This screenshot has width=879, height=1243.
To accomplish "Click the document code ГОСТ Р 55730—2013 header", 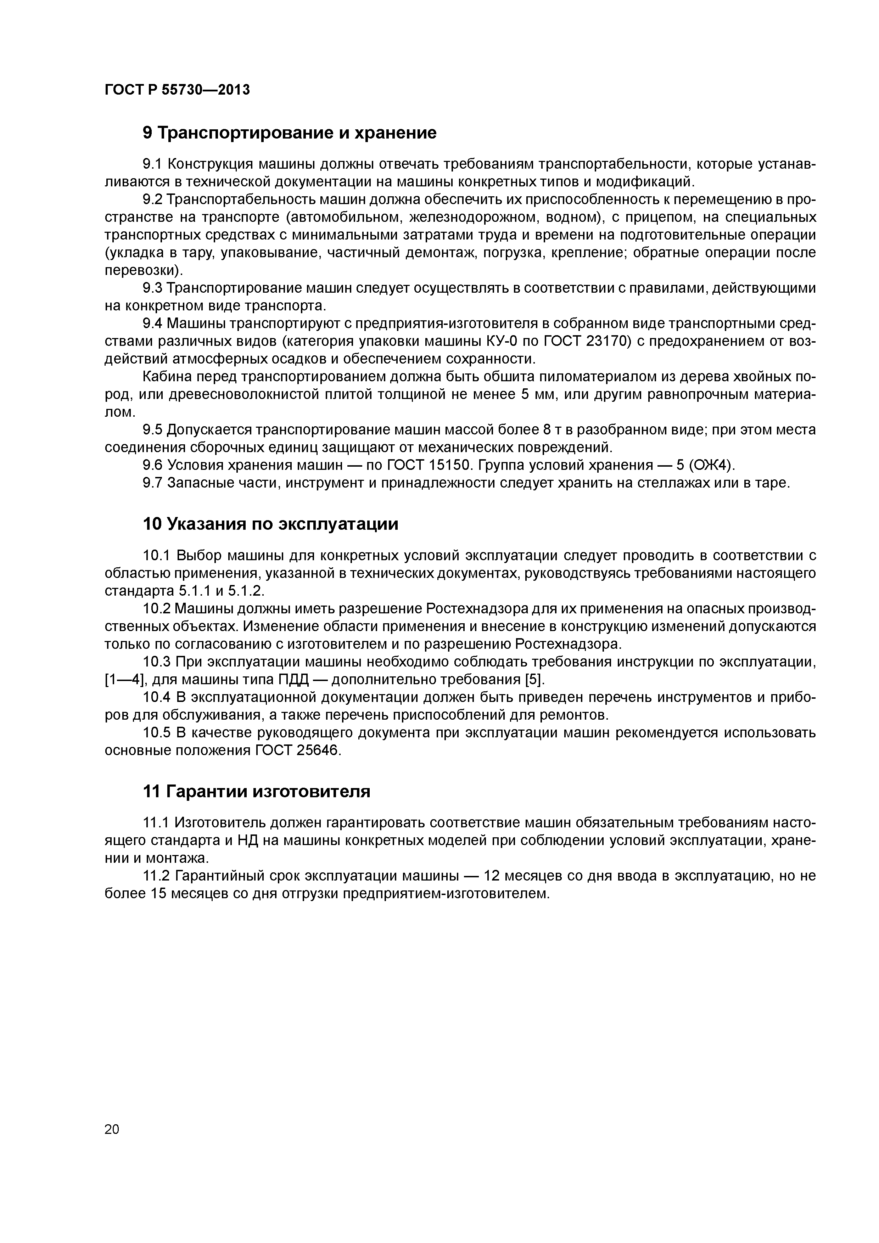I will click(x=177, y=90).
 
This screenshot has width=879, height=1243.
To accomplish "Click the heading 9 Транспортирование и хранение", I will click(x=289, y=133).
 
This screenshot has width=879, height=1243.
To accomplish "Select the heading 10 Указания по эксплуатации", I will click(x=270, y=524).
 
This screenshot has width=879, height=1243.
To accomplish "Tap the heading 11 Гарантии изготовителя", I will click(x=256, y=792).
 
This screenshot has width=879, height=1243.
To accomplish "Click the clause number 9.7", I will click(x=152, y=483).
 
